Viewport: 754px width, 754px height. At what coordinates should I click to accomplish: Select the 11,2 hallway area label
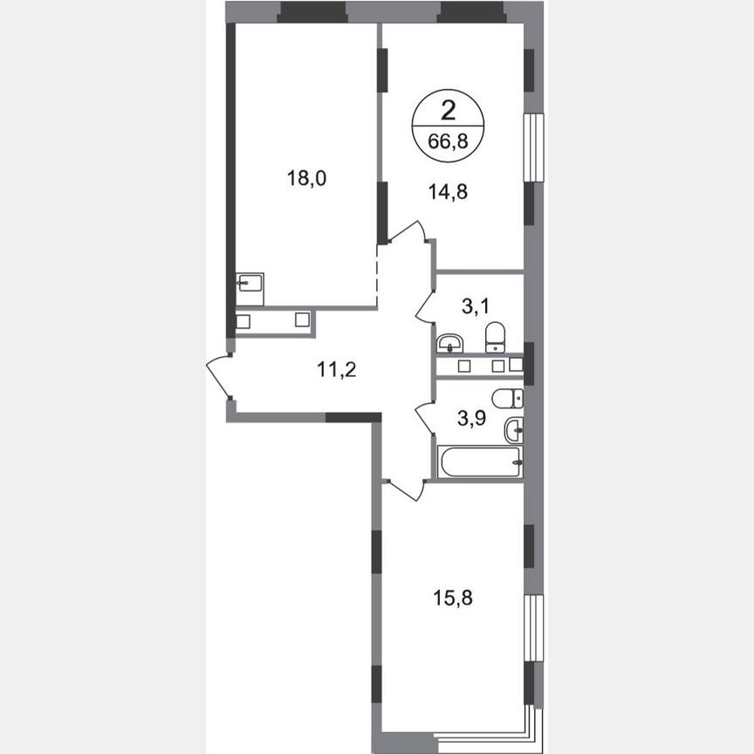tap(336, 369)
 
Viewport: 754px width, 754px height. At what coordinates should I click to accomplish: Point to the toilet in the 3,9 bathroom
tap(506, 400)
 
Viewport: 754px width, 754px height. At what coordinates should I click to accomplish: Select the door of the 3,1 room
tap(424, 305)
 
